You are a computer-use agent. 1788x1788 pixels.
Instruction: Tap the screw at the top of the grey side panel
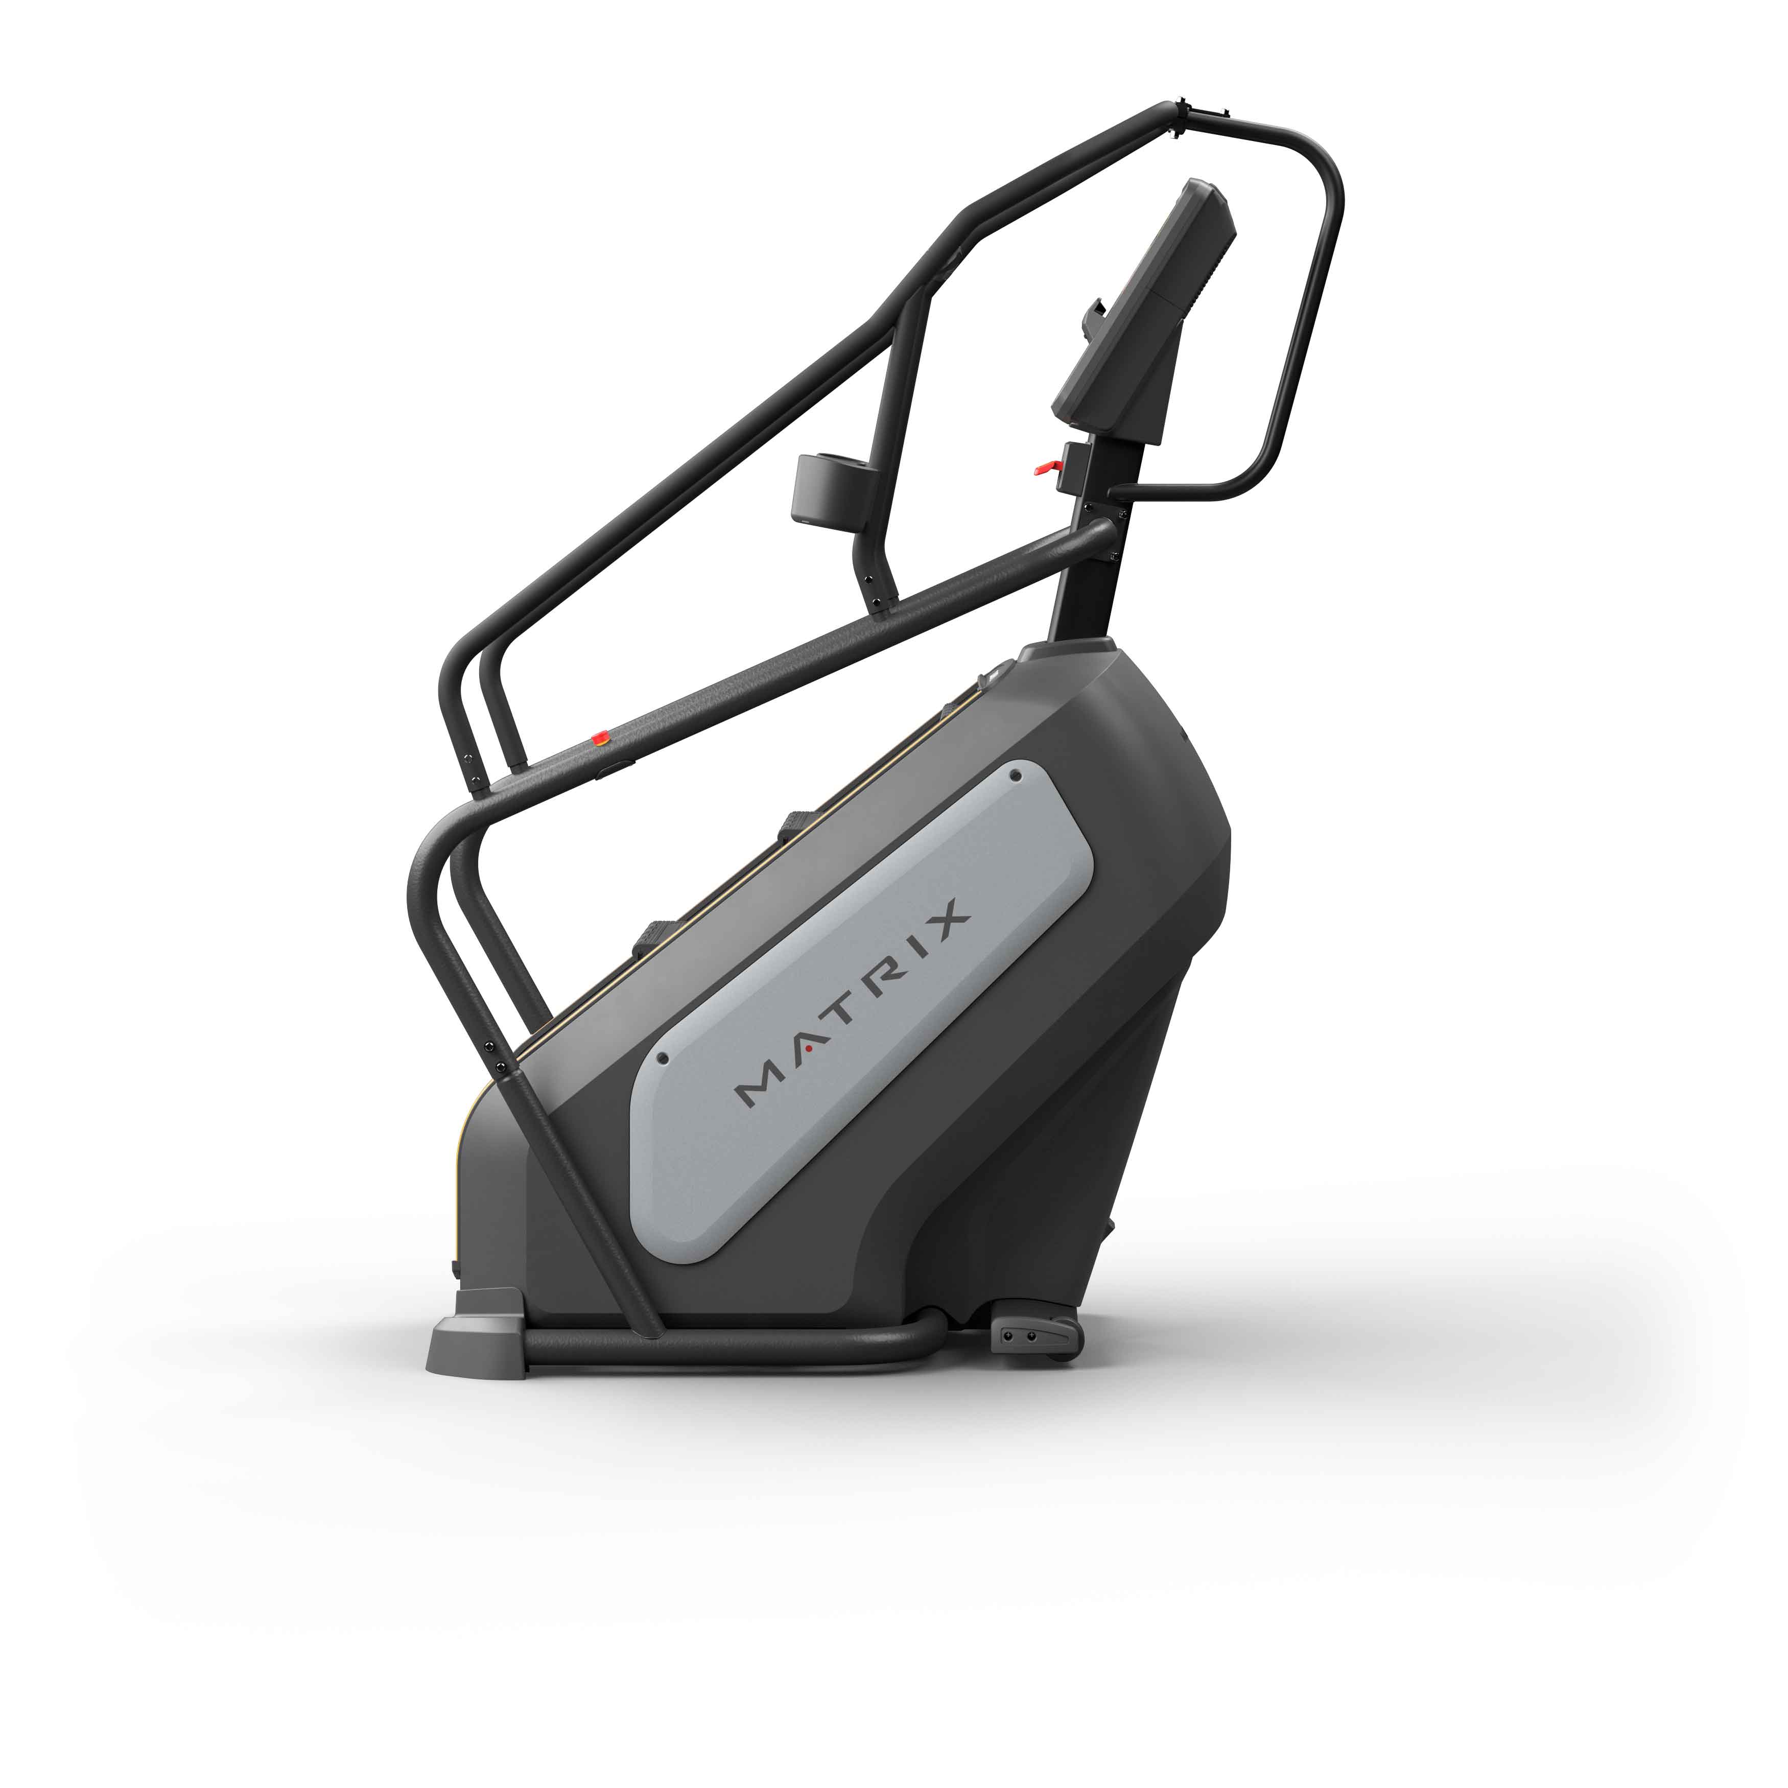tap(1015, 773)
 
